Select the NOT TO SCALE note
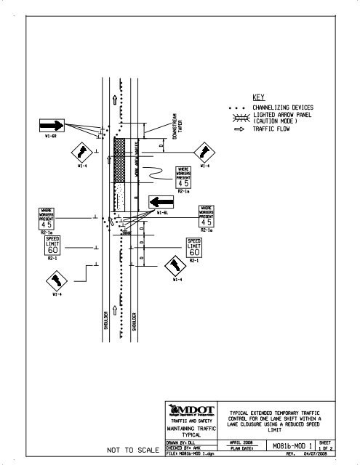click(x=133, y=450)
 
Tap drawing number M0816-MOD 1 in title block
click(x=289, y=445)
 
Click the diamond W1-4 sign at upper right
click(x=204, y=152)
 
